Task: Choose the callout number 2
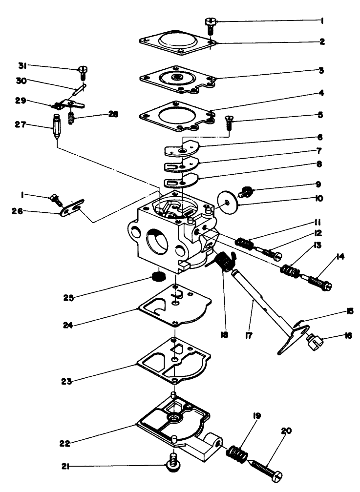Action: click(322, 42)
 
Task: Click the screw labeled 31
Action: click(82, 73)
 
